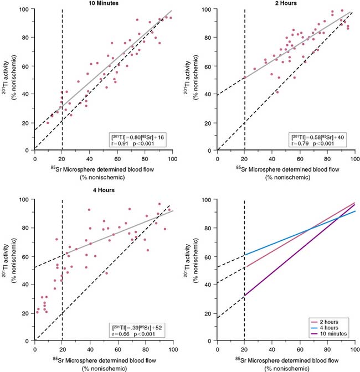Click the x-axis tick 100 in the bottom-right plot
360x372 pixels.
[x=355, y=347]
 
